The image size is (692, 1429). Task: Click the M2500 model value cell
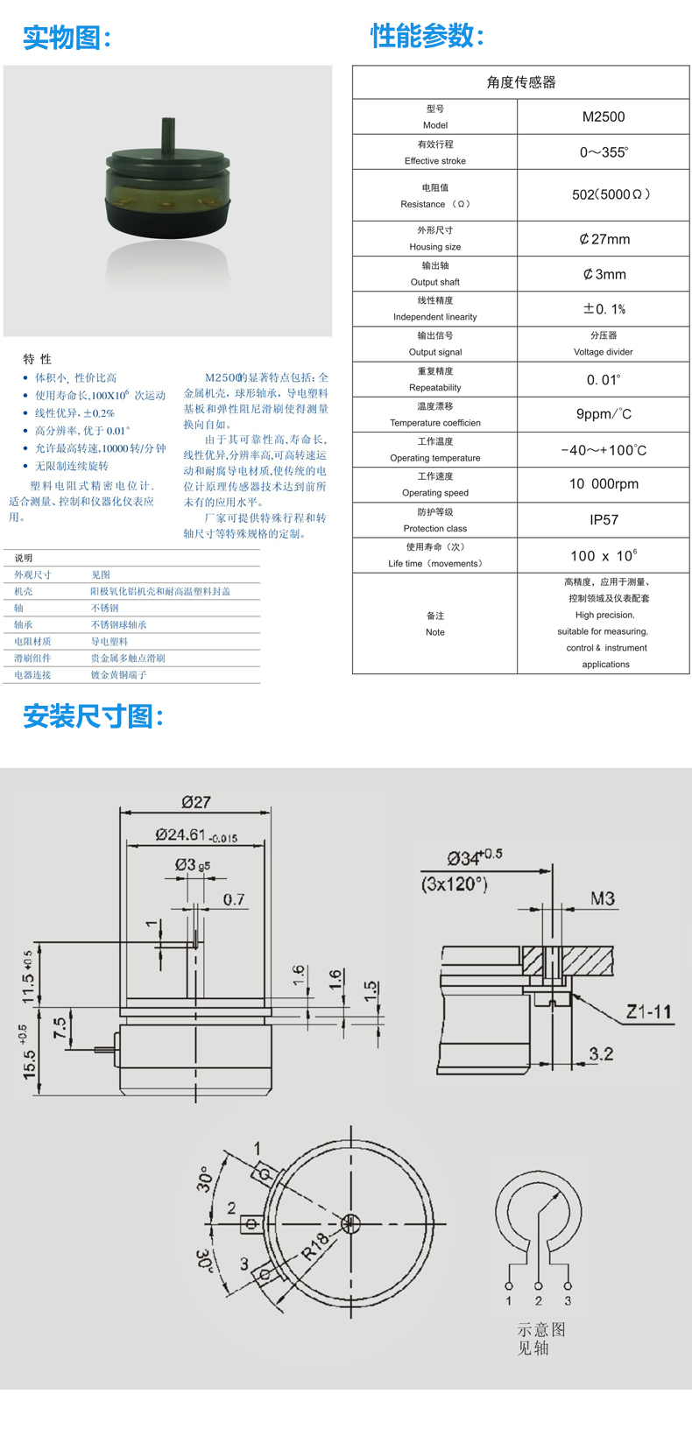(604, 116)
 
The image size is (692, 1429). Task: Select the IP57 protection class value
(604, 520)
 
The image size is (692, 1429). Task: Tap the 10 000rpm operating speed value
(604, 484)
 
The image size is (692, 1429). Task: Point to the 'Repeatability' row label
(434, 387)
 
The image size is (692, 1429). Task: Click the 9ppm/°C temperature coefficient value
(604, 414)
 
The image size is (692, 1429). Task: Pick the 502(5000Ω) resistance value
(611, 194)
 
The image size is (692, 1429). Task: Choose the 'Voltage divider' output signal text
(604, 351)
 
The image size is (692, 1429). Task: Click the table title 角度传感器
(521, 82)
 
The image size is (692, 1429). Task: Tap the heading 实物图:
(67, 38)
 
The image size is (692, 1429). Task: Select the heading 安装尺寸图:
(93, 716)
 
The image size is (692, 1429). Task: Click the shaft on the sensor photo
(168, 135)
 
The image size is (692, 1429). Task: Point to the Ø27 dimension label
(196, 802)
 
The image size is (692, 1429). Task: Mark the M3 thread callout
(602, 899)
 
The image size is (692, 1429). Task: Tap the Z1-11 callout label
(648, 1012)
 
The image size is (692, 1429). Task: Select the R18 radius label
(316, 1246)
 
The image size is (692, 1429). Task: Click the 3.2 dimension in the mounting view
(601, 1053)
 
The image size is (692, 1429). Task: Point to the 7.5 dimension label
(60, 1028)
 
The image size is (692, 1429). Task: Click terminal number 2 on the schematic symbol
(538, 1300)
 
